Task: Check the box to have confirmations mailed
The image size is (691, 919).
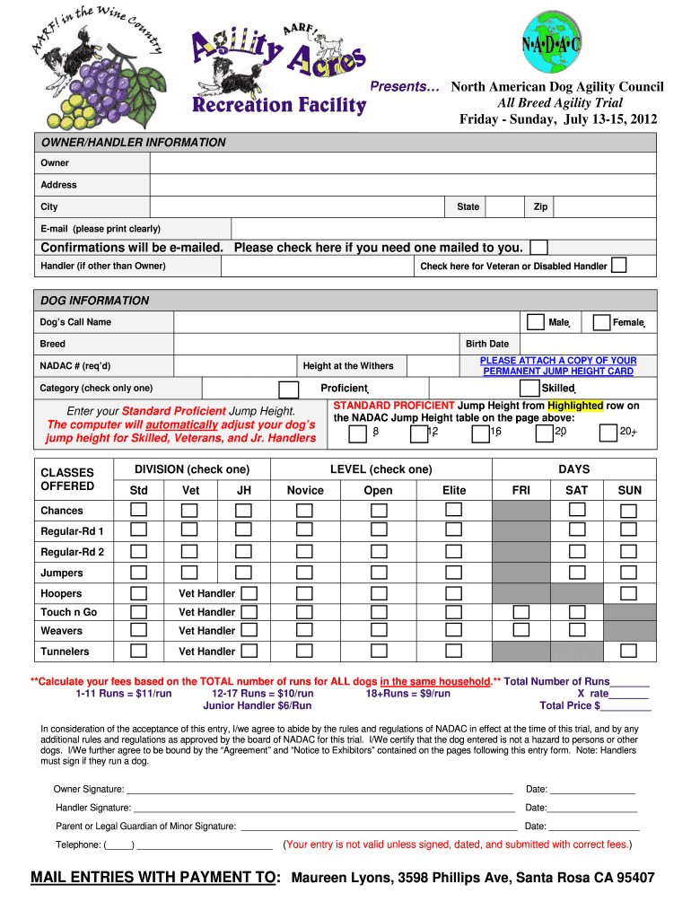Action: coord(538,247)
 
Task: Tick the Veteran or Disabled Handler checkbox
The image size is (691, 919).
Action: coord(618,266)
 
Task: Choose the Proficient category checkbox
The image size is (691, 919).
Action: coord(289,389)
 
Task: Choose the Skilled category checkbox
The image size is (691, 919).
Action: coord(529,389)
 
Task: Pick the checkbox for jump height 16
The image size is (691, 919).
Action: coord(478,433)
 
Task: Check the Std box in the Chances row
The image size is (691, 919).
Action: coord(139,510)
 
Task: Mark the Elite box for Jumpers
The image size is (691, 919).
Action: coord(454,573)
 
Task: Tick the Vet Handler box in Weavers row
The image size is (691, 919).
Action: coord(249,631)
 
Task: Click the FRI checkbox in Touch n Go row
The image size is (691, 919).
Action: coord(520,612)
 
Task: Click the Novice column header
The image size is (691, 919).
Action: coord(305,490)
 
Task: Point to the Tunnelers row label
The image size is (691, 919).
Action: coord(65,652)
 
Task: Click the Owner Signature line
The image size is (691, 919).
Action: coord(319,790)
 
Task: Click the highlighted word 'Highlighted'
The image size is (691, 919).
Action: coord(575,406)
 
